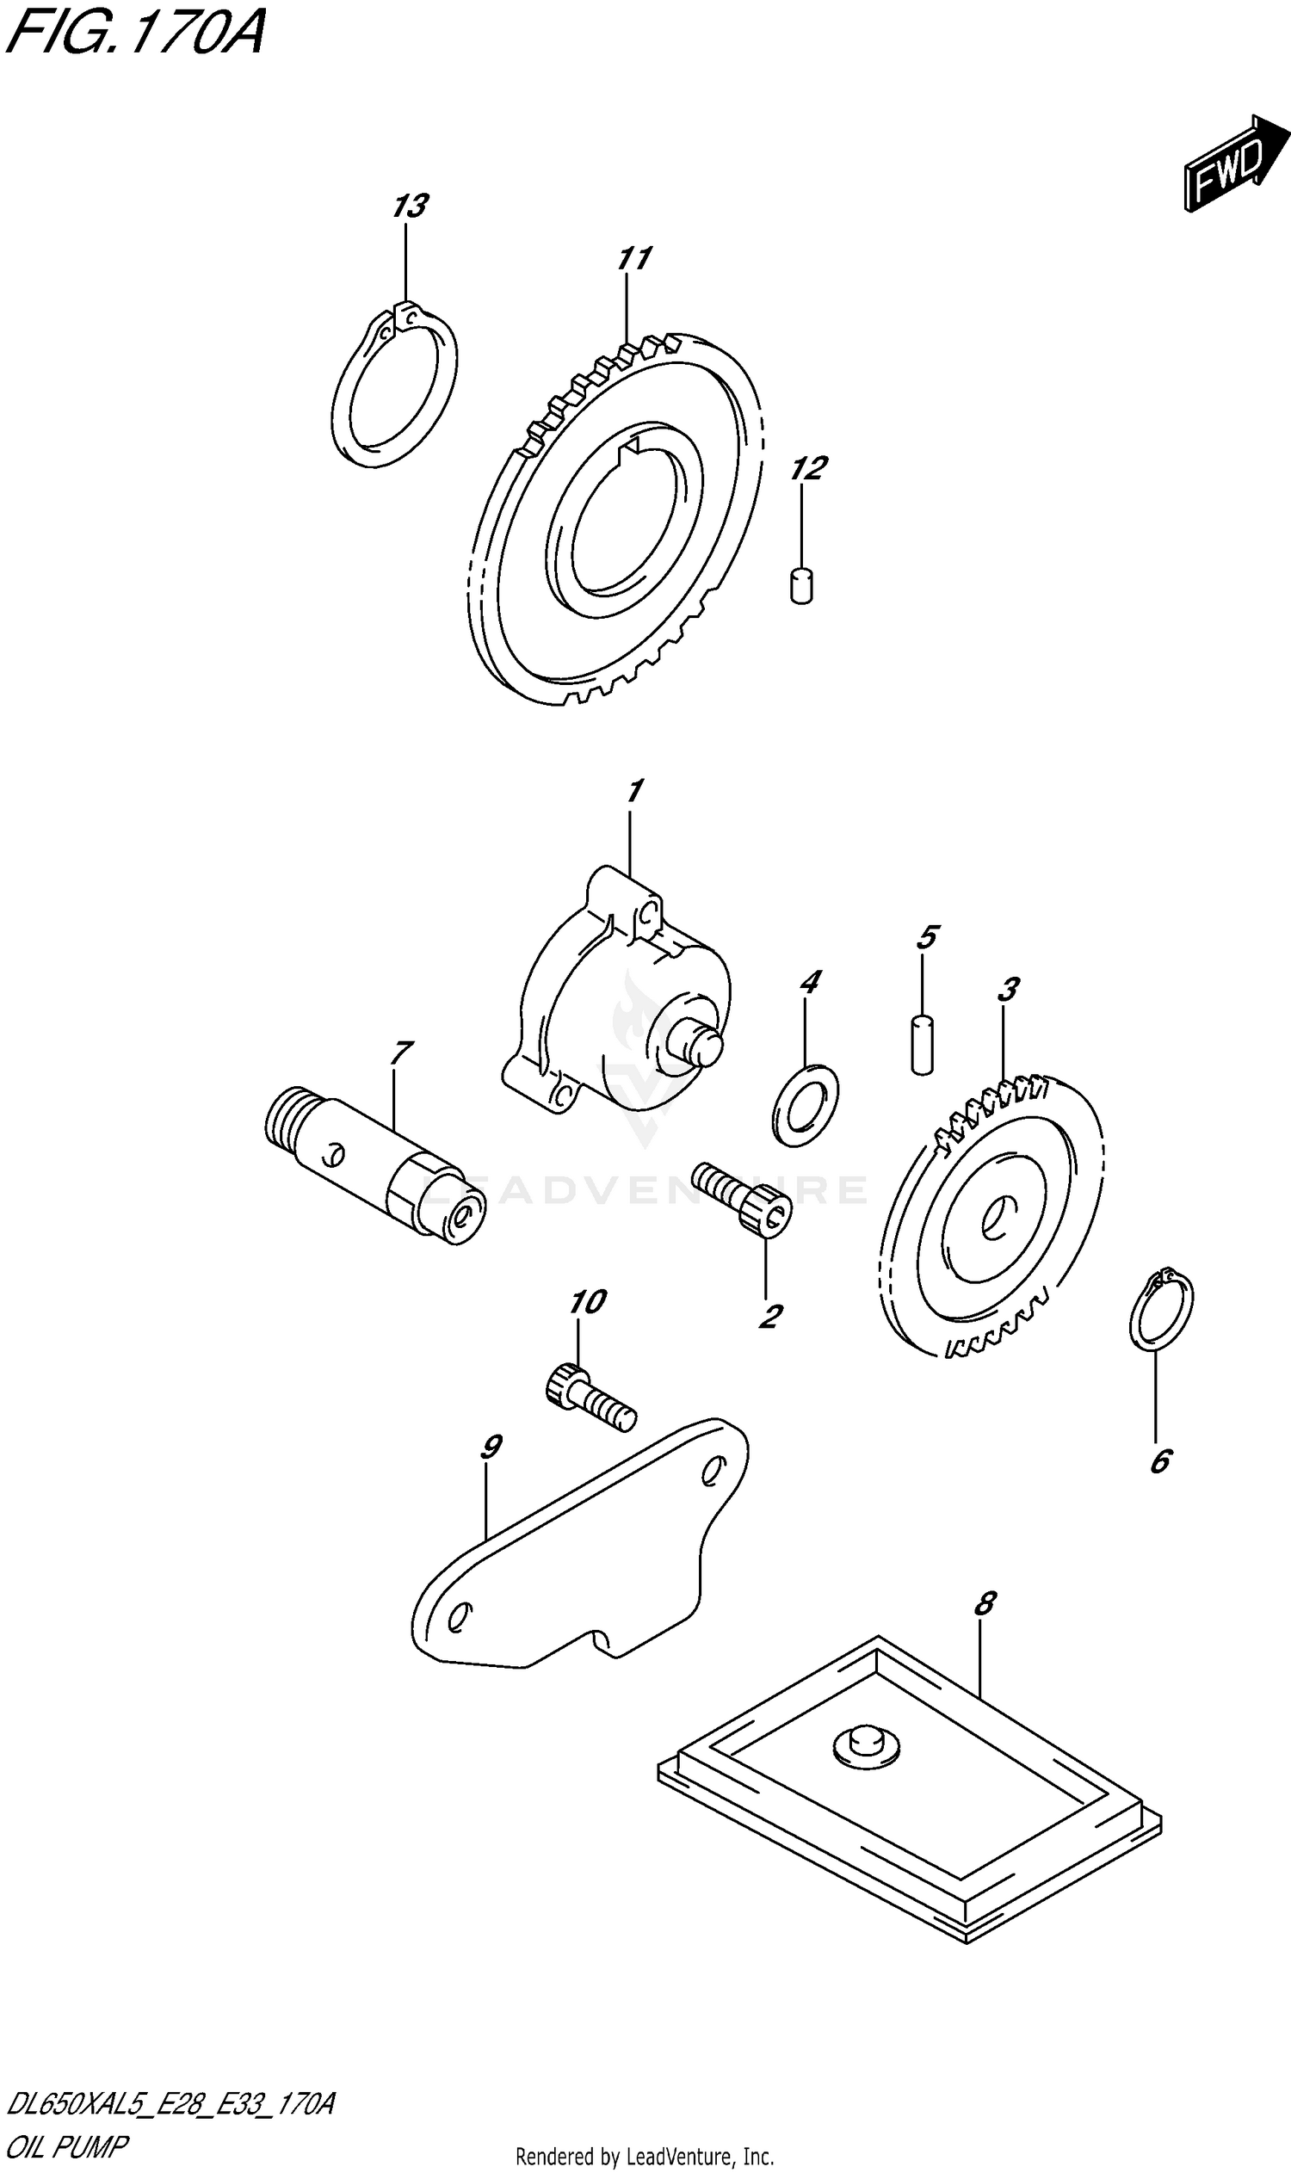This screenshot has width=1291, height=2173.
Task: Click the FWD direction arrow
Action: click(x=1233, y=163)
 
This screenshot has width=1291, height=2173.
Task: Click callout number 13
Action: click(x=409, y=207)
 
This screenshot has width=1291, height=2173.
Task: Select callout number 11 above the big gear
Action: click(x=633, y=259)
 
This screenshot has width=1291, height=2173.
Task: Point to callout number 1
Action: click(x=634, y=792)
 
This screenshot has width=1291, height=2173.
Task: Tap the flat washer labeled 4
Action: click(x=806, y=1104)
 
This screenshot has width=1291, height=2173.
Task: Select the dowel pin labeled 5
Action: click(x=923, y=1043)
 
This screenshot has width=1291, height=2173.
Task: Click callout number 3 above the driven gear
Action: click(x=1007, y=989)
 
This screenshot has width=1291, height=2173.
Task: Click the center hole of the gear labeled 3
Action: click(x=993, y=1217)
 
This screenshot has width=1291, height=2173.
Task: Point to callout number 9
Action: click(x=490, y=1448)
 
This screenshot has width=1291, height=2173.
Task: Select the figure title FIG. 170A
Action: click(x=135, y=33)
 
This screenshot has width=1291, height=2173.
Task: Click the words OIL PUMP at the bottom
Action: click(x=67, y=2146)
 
